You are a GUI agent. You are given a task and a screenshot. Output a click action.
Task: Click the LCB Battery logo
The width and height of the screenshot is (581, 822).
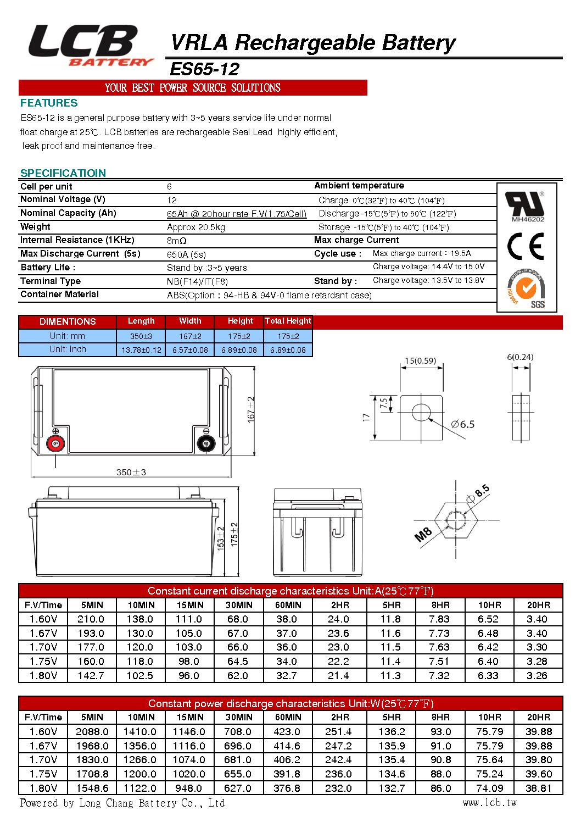tap(88, 46)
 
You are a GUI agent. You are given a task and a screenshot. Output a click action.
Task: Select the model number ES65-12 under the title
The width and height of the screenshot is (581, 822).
tap(204, 69)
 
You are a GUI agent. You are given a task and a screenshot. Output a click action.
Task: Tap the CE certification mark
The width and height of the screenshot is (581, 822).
tap(526, 246)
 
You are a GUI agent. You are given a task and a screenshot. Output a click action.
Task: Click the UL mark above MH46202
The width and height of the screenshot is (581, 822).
tap(526, 204)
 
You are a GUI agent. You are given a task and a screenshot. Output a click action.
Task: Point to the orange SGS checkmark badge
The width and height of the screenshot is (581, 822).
tap(526, 288)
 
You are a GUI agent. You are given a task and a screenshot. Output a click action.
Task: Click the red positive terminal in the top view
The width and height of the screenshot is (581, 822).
tap(55, 443)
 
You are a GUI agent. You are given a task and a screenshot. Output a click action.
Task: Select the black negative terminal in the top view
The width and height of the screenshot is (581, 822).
tap(206, 443)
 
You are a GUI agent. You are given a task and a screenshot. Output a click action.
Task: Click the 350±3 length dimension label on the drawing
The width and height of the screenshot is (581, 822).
tap(131, 472)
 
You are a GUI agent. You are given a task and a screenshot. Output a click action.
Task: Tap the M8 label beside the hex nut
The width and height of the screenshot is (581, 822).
tap(423, 534)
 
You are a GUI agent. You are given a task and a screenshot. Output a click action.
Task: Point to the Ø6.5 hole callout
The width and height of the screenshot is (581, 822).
tap(462, 424)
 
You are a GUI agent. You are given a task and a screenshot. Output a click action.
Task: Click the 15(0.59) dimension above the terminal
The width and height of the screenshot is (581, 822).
tap(420, 361)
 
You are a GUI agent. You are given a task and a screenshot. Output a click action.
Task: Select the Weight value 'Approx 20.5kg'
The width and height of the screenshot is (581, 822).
tap(196, 227)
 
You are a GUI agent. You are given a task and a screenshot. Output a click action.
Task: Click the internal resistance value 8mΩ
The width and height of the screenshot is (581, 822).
tap(177, 241)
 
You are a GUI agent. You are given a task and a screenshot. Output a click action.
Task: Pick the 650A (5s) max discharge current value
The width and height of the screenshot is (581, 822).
tap(186, 254)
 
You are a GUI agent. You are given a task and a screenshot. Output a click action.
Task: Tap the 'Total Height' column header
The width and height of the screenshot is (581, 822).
tap(288, 321)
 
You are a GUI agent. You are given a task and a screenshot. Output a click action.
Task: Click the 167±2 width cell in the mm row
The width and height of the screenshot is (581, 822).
tap(190, 336)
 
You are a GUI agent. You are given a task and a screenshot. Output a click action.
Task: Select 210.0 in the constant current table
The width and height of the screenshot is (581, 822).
tap(91, 619)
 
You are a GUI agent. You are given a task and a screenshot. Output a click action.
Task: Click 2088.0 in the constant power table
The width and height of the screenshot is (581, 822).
tap(92, 732)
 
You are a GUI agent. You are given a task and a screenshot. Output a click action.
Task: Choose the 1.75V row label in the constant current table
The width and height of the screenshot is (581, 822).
tap(43, 662)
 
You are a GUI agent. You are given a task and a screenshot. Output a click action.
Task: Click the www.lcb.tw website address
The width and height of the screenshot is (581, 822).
tap(490, 803)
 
